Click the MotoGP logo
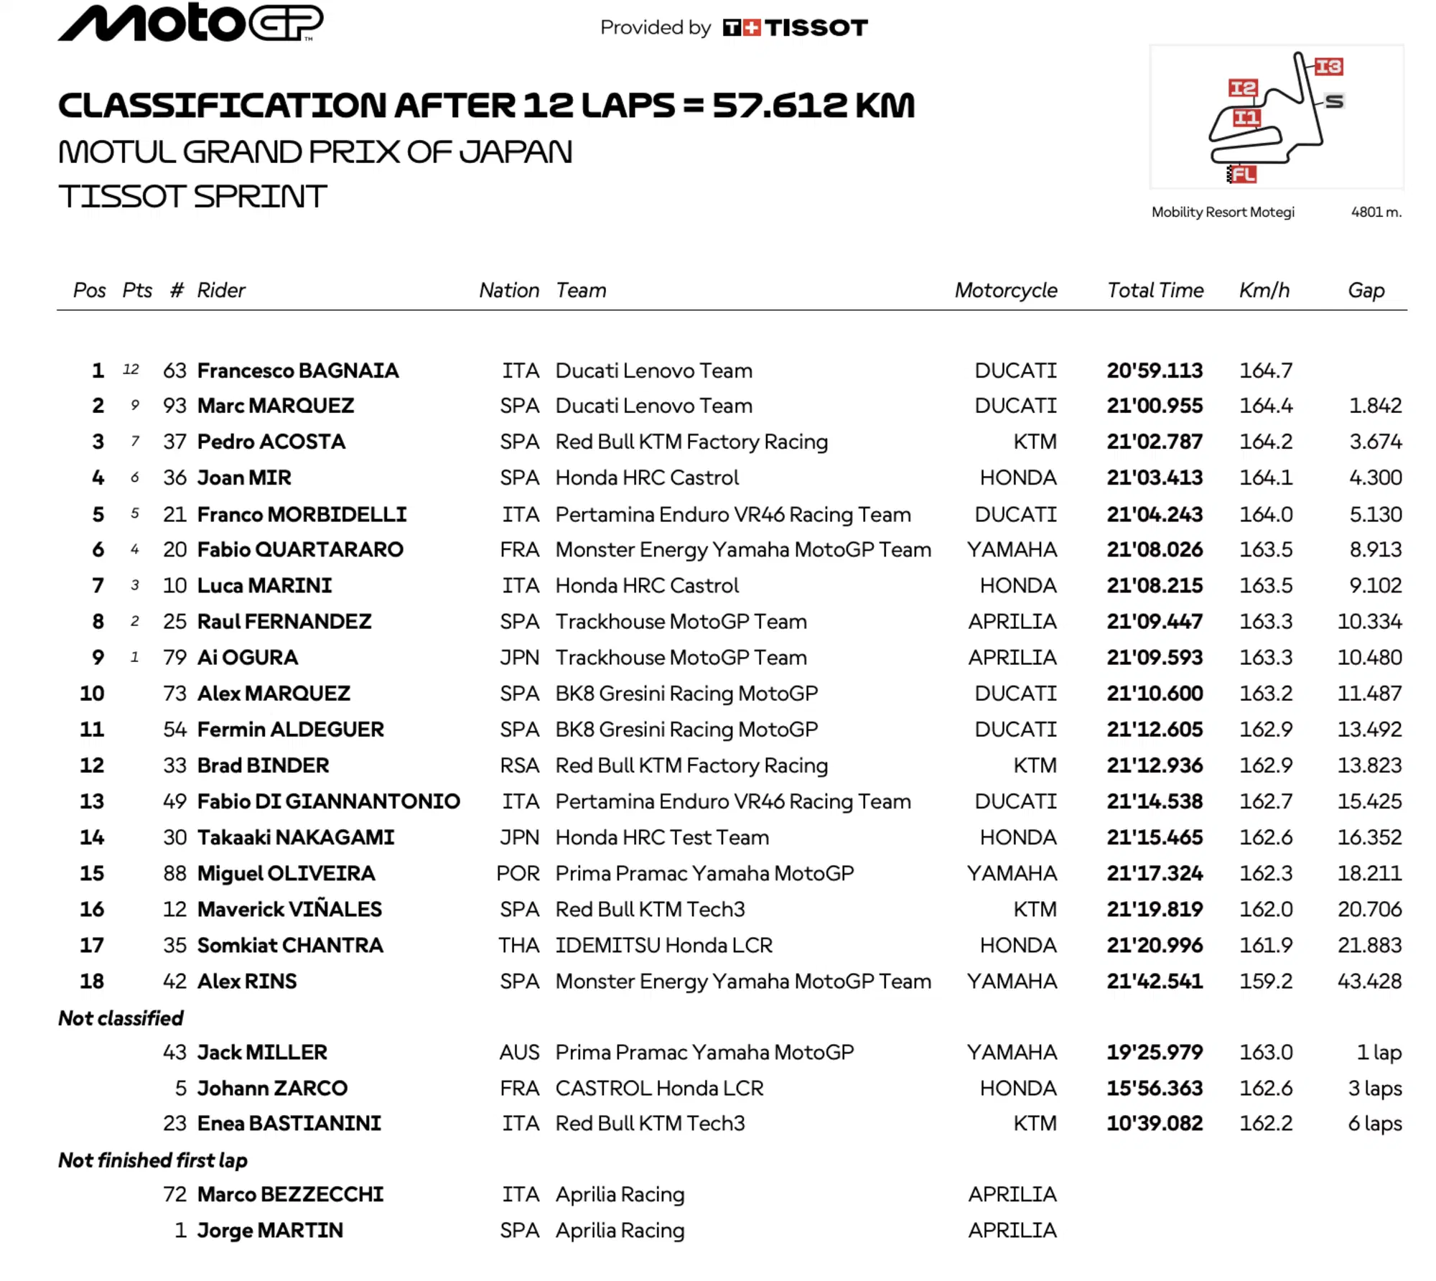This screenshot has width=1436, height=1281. point(190,23)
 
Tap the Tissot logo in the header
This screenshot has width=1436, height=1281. point(795,28)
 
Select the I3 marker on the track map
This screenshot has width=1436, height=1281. point(1328,67)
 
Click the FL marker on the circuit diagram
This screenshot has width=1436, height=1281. point(1244,174)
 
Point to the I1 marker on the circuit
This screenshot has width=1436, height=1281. point(1246,118)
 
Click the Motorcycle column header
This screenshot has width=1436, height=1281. point(1005,290)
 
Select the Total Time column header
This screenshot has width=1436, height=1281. point(1155,290)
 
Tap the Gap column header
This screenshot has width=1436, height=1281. point(1366,290)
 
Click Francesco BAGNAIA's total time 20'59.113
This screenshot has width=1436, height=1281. point(1154,371)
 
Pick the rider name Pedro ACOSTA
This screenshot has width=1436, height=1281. point(271,442)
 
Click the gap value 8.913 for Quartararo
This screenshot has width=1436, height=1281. point(1375,549)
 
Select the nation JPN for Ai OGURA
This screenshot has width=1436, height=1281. point(519,657)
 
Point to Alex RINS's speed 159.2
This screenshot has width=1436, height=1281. point(1265,981)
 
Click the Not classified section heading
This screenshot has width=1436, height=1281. point(121,1018)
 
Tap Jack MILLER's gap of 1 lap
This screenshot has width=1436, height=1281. point(1379,1052)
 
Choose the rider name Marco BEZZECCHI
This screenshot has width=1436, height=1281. point(290,1194)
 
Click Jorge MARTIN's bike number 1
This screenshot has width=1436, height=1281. point(180,1230)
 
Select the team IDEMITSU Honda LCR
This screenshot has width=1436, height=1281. point(663,945)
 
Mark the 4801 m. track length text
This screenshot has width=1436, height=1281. point(1376,212)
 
